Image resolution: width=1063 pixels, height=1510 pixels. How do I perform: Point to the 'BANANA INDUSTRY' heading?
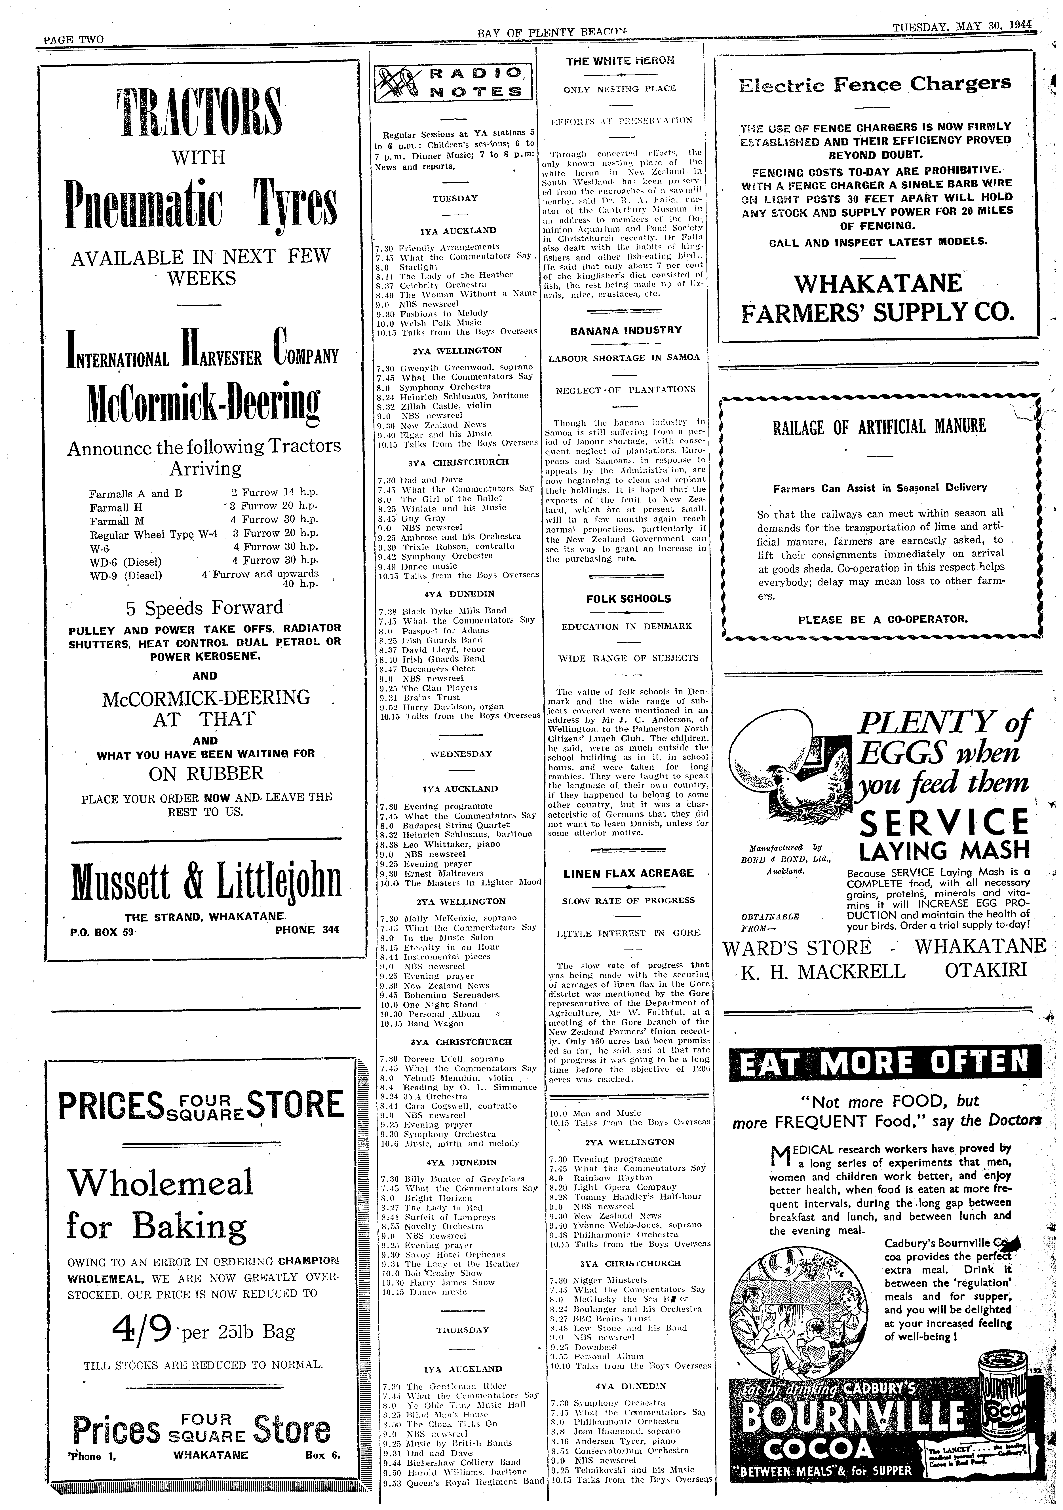[x=626, y=330]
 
